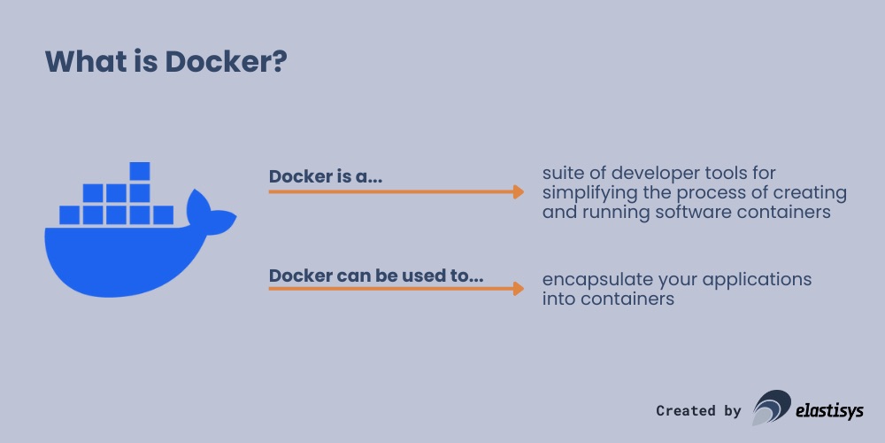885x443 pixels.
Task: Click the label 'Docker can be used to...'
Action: (x=376, y=276)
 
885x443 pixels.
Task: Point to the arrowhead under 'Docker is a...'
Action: (x=518, y=190)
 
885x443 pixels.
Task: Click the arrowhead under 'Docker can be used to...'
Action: (x=518, y=288)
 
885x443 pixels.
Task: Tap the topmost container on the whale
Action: (x=140, y=171)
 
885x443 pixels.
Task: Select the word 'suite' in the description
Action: (x=563, y=172)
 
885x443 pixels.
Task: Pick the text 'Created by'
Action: (x=698, y=410)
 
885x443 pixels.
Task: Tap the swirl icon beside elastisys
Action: (x=771, y=408)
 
